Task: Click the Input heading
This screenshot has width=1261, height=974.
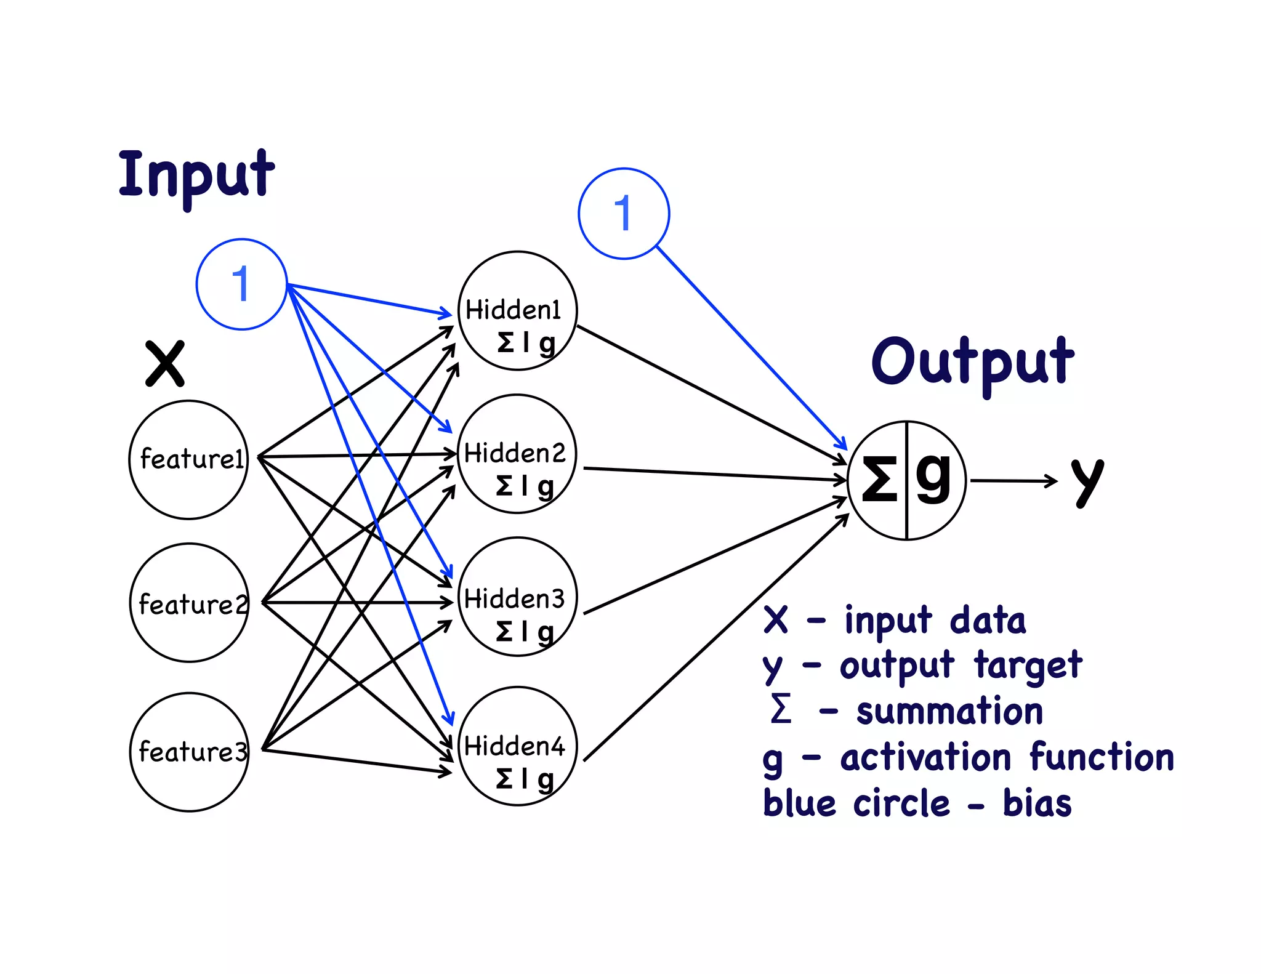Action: coord(196,175)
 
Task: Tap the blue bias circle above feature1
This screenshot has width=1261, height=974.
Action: coord(241,284)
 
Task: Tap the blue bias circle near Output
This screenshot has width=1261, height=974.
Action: coord(623,214)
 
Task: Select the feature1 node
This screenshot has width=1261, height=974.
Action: coord(189,459)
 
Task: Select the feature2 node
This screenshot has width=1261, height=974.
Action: coord(190,603)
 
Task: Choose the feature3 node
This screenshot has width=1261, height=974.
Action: coord(190,752)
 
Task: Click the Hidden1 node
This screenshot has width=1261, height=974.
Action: coord(517,311)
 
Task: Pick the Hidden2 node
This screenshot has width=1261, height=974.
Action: coord(517,454)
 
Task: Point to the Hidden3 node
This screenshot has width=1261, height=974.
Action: coord(517,597)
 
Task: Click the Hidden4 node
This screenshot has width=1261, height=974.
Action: coord(517,746)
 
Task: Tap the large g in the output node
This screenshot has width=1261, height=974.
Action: coord(933,478)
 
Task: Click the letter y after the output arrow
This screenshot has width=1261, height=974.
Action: coord(1087,482)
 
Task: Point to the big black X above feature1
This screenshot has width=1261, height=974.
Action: coord(164,363)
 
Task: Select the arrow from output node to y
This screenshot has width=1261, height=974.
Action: coord(1013,481)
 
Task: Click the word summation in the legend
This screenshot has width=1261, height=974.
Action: coord(949,712)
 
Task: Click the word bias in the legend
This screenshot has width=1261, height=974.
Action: coord(1037,803)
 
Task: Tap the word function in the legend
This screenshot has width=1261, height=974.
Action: coord(1102,757)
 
